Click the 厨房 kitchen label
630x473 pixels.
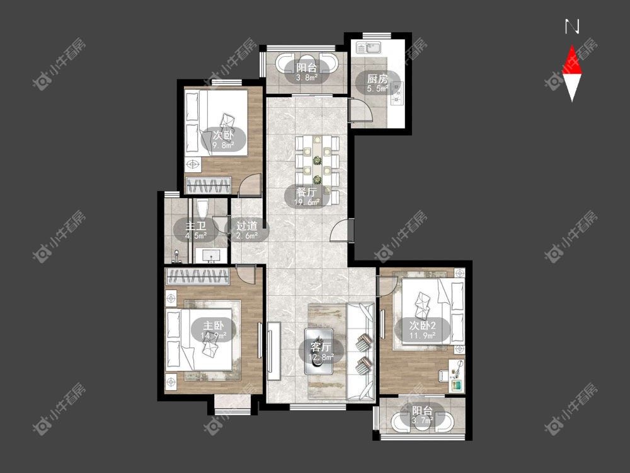(x=377, y=78)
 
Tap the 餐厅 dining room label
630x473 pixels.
(x=307, y=192)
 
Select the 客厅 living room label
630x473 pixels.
(x=321, y=347)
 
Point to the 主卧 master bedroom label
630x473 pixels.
(x=214, y=325)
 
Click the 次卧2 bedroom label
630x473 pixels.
(x=423, y=325)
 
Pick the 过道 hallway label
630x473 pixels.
(x=247, y=226)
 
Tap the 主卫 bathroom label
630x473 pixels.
(x=196, y=226)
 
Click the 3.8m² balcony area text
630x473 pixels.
(x=307, y=78)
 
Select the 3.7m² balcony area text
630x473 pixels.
(x=422, y=421)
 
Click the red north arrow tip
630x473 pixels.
(x=572, y=45)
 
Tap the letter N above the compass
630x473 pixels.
(x=572, y=26)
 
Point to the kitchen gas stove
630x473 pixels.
(x=397, y=93)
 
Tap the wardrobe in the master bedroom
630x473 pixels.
(x=197, y=277)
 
